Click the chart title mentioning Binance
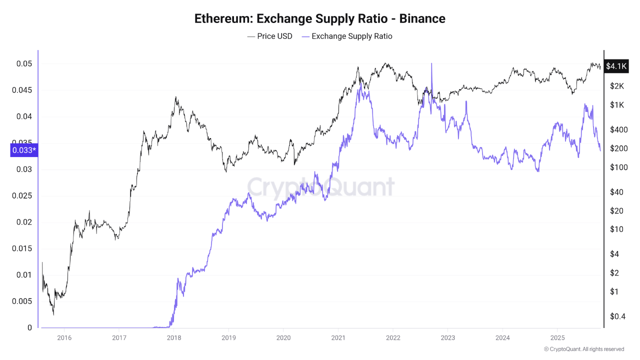pyautogui.click(x=319, y=19)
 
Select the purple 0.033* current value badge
pyautogui.click(x=24, y=150)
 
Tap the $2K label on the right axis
pyautogui.click(x=617, y=86)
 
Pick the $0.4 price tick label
pyautogui.click(x=617, y=316)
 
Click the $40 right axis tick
pyautogui.click(x=616, y=192)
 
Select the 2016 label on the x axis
pyautogui.click(x=64, y=337)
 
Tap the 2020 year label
pyautogui.click(x=283, y=337)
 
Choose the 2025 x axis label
pyautogui.click(x=557, y=337)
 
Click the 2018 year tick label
pyautogui.click(x=174, y=337)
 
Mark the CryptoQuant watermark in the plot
pyautogui.click(x=320, y=187)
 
